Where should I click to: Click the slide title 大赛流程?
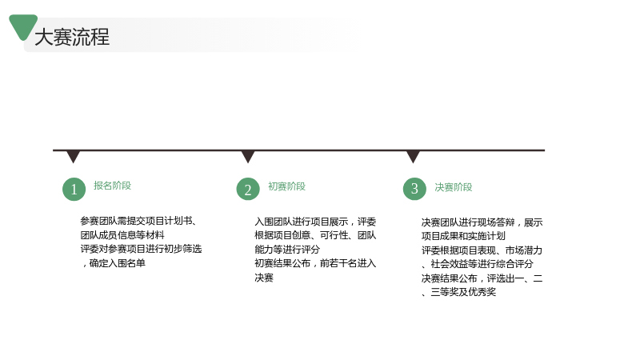(x=72, y=37)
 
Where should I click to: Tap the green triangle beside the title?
(x=23, y=26)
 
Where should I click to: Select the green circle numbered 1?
(x=74, y=189)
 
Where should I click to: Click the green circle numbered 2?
(x=248, y=189)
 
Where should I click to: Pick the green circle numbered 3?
(x=414, y=189)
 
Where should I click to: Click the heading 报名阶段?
(x=112, y=186)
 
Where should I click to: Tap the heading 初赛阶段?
(x=286, y=186)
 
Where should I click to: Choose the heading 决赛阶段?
(x=453, y=187)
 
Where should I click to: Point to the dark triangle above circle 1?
(x=73, y=156)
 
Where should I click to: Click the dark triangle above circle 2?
(x=248, y=156)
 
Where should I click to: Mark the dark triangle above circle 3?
(x=413, y=156)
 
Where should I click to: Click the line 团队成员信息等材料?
(x=122, y=235)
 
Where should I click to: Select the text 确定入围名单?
(x=117, y=263)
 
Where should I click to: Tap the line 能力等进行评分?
(x=287, y=250)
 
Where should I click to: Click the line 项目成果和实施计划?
(x=463, y=236)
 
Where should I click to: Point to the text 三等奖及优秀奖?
(x=463, y=292)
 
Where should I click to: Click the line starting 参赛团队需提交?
(x=138, y=221)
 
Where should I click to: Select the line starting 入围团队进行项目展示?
(x=315, y=222)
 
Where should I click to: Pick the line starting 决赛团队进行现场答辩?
(x=482, y=222)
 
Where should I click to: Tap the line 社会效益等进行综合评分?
(x=482, y=264)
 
